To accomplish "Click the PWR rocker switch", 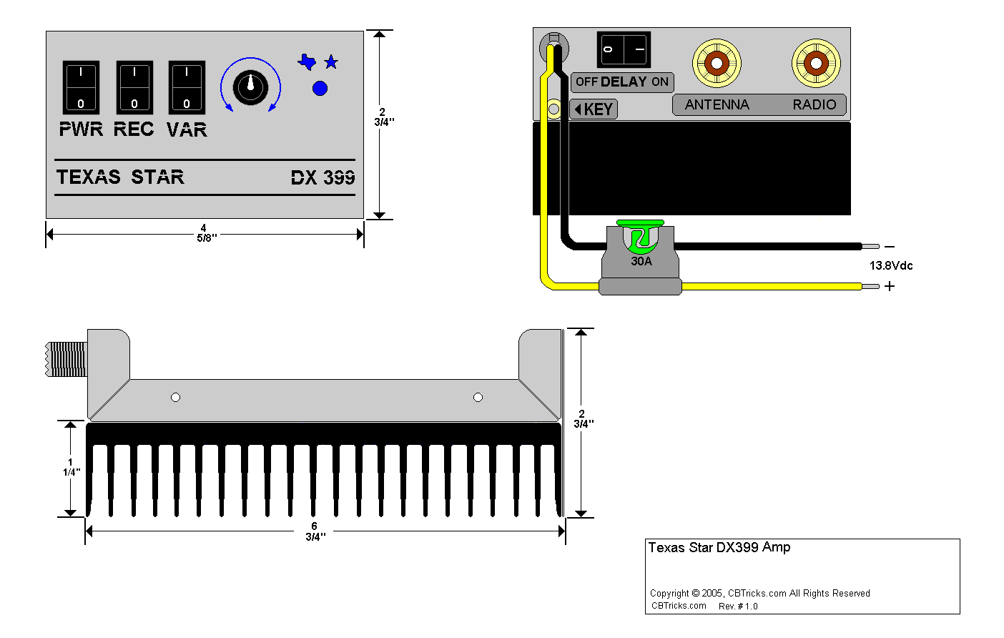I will click(x=81, y=87).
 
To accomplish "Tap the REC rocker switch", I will click(x=134, y=87).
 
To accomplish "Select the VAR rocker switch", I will click(x=187, y=87).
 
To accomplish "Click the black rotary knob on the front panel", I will click(x=250, y=87).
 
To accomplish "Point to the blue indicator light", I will click(x=320, y=88).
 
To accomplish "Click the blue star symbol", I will click(x=331, y=62).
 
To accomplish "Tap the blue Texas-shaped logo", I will click(x=307, y=62).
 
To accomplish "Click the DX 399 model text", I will click(x=323, y=177).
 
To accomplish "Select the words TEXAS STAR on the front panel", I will click(x=120, y=177).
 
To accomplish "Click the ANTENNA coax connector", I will click(x=717, y=64).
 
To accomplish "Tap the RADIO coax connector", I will click(x=816, y=64).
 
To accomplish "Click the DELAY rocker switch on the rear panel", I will click(x=624, y=49).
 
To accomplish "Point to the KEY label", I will click(x=594, y=109).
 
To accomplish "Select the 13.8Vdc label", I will click(x=891, y=266).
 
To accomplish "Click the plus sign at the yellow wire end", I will click(x=890, y=286).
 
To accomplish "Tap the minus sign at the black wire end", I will click(x=890, y=247).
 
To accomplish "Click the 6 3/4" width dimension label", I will click(x=315, y=531).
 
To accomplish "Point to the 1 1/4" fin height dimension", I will click(x=70, y=467).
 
